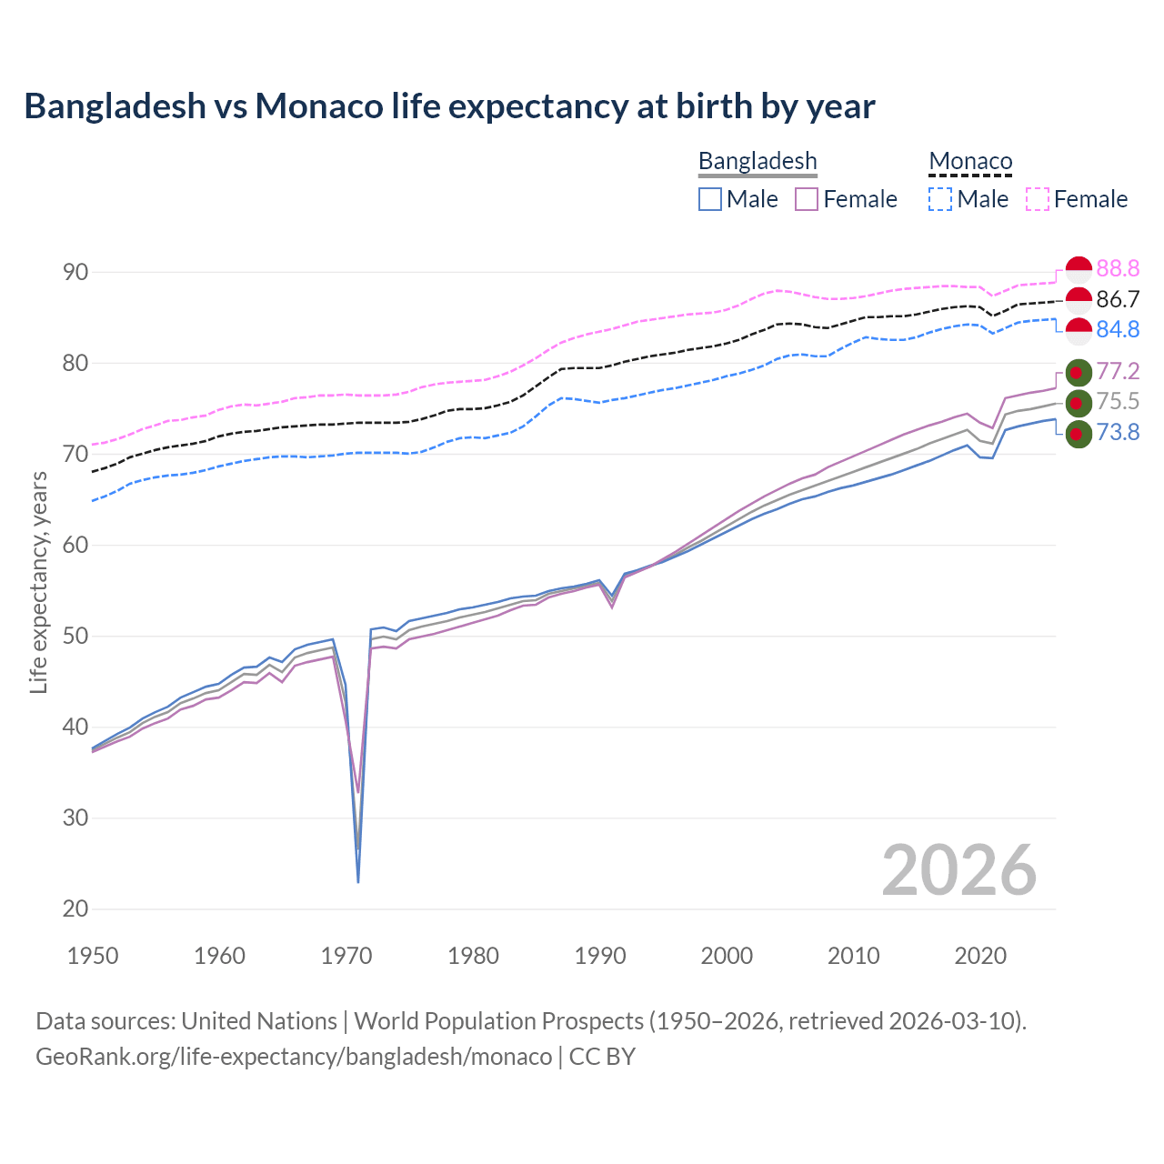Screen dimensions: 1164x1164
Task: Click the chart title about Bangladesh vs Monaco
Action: [x=449, y=106]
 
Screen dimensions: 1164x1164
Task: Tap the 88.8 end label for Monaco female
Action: [x=1118, y=268]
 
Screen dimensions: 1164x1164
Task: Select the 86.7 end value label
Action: [x=1118, y=299]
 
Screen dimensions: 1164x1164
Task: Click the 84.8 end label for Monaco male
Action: [x=1118, y=329]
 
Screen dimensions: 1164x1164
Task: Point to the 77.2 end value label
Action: [x=1118, y=371]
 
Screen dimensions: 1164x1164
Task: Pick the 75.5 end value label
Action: [x=1118, y=402]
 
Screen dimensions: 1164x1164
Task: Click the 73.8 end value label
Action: [x=1118, y=432]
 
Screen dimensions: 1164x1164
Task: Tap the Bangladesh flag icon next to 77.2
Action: [x=1078, y=373]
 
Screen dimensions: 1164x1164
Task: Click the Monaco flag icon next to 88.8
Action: [x=1078, y=270]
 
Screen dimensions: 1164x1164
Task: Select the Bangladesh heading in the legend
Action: [x=758, y=161]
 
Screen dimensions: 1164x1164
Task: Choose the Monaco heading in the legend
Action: [x=970, y=162]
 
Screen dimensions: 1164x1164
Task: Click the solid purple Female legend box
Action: [x=807, y=199]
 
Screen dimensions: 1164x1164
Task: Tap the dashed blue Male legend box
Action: [x=940, y=199]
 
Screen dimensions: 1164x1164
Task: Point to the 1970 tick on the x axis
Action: [x=346, y=956]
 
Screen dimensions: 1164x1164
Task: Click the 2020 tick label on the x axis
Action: [x=980, y=956]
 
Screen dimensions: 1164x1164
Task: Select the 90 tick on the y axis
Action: [x=75, y=272]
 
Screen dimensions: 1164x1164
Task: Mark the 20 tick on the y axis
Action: [x=75, y=908]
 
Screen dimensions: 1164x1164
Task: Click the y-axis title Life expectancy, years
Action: [x=38, y=582]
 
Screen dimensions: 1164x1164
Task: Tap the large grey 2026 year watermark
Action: [x=958, y=870]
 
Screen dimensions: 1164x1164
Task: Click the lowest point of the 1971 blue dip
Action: [x=358, y=881]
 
